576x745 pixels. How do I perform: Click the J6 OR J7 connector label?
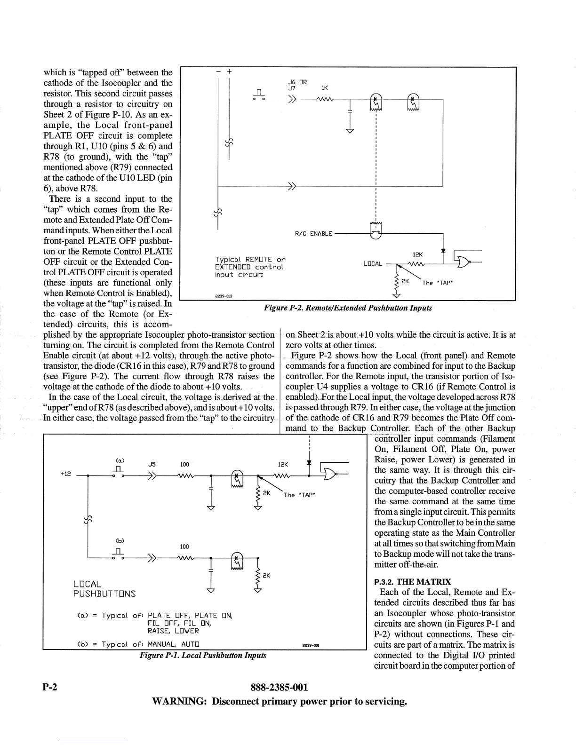pos(297,85)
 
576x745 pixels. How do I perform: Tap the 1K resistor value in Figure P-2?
pos(324,87)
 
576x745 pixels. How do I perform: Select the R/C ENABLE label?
pos(313,234)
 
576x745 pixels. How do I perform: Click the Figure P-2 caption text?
pos(348,308)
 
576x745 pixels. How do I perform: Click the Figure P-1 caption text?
pos(203,655)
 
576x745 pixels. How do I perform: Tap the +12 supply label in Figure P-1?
pos(65,474)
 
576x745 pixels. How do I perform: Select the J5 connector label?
pos(152,464)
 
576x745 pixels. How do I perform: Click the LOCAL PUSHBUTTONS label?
pos(104,588)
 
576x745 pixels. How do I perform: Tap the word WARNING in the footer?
pos(179,702)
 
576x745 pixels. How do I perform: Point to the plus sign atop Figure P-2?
pos(229,72)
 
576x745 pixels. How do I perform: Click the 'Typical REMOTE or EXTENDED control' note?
pos(249,267)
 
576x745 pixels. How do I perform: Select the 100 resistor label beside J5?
pos(184,465)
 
